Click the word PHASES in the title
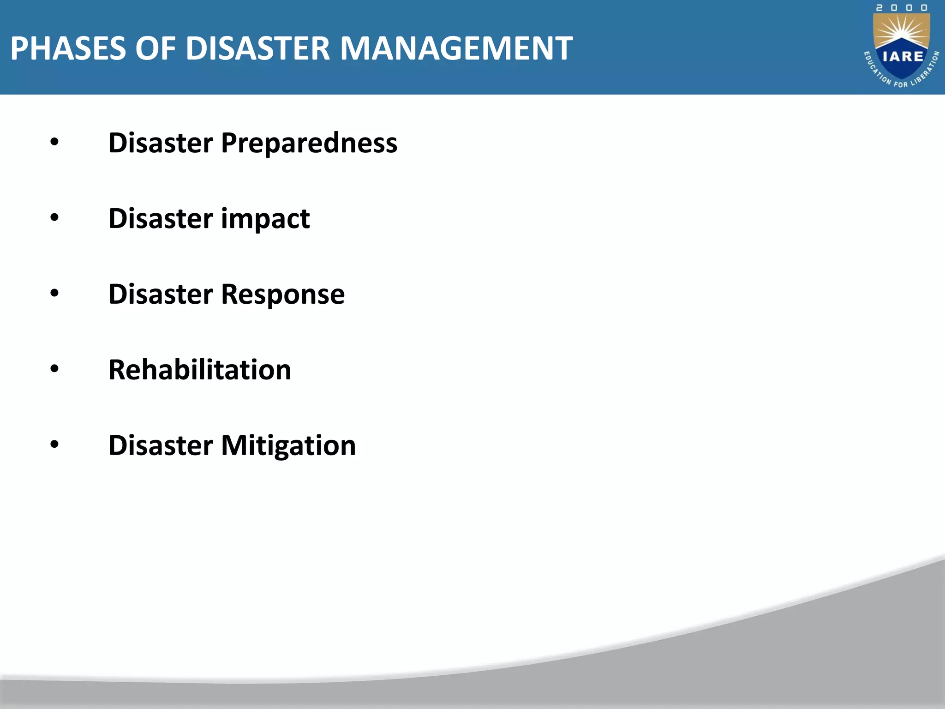click(68, 48)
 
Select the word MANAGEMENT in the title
click(456, 48)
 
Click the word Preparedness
click(309, 143)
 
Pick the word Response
click(283, 294)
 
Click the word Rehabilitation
click(200, 370)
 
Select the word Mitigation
click(288, 445)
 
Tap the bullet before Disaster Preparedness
click(54, 143)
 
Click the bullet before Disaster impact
click(54, 218)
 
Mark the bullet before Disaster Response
click(54, 294)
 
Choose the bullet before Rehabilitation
click(54, 369)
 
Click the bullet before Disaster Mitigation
click(54, 445)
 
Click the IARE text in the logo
click(903, 57)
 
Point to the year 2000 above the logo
click(902, 8)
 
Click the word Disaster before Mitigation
click(161, 445)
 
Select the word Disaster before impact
click(161, 219)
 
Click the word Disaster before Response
click(161, 294)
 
